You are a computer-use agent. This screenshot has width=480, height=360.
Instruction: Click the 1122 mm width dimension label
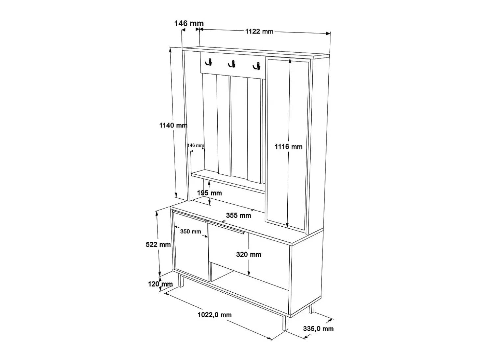[x=259, y=32]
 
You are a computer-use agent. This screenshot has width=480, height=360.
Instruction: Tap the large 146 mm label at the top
[x=189, y=23]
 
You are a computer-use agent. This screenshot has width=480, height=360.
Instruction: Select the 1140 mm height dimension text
[x=173, y=125]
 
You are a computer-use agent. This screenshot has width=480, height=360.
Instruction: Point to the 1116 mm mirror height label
[x=288, y=146]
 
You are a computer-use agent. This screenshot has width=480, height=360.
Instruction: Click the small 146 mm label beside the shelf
[x=196, y=145]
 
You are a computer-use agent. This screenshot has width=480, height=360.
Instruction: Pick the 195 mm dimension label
[x=209, y=193]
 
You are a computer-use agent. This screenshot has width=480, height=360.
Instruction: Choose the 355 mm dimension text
[x=238, y=215]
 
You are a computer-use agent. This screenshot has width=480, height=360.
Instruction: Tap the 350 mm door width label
[x=190, y=231]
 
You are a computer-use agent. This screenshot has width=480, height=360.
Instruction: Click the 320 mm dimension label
[x=249, y=255]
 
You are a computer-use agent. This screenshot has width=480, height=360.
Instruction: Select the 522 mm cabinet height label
[x=158, y=244]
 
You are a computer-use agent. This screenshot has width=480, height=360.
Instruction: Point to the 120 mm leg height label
[x=160, y=284]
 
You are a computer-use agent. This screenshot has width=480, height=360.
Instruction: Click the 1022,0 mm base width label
[x=215, y=315]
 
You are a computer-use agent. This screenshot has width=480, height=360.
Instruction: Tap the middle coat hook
[x=232, y=64]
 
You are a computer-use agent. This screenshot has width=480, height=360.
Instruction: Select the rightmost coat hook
[x=257, y=66]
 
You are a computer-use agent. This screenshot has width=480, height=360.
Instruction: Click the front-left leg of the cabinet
[x=181, y=281]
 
